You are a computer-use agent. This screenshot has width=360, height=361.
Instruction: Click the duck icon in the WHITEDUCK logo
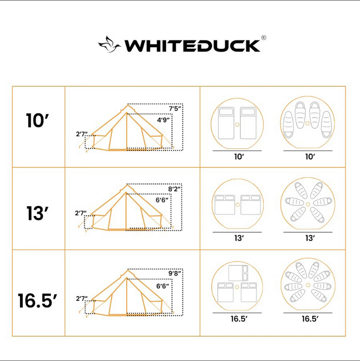pyautogui.click(x=110, y=44)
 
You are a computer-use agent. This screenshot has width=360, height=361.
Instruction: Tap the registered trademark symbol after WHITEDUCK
pyautogui.click(x=264, y=38)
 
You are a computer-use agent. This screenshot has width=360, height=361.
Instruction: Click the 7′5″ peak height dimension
pyautogui.click(x=175, y=109)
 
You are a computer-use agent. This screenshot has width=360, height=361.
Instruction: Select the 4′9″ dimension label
pyautogui.click(x=164, y=120)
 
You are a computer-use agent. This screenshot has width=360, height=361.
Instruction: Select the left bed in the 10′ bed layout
pyautogui.click(x=225, y=123)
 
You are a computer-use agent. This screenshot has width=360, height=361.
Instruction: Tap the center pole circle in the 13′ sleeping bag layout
pyautogui.click(x=307, y=205)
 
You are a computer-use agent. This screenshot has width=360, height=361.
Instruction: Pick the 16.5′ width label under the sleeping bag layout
pyautogui.click(x=310, y=319)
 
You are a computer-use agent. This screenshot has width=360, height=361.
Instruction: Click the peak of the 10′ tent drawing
pyautogui.click(x=127, y=106)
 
